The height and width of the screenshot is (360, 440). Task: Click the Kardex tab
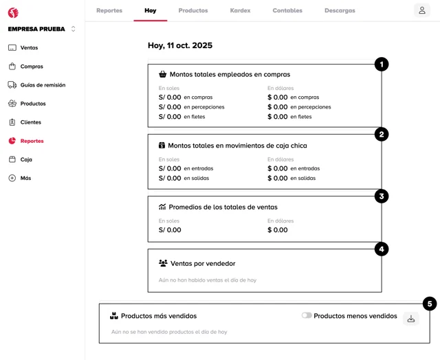tap(240, 11)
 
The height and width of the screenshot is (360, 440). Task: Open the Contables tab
tap(287, 11)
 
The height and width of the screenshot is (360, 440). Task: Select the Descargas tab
tap(340, 11)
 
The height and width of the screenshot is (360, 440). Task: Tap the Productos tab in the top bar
tap(193, 11)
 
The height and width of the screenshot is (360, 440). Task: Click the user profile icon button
tap(422, 10)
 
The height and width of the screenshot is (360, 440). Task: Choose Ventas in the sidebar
tap(29, 48)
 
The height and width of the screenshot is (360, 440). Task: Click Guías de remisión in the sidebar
tap(43, 85)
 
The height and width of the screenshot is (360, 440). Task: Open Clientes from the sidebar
tap(31, 122)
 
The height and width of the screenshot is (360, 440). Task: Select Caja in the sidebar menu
tap(26, 159)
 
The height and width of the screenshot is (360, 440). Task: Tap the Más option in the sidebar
tap(25, 178)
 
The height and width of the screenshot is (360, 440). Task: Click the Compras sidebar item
tap(32, 67)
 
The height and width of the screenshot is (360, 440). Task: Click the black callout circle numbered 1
tap(382, 65)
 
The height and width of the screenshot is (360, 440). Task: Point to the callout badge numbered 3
tap(382, 196)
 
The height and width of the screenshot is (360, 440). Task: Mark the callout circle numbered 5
tap(430, 304)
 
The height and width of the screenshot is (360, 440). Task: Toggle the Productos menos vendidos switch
tap(307, 316)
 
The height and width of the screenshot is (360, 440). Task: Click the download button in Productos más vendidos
tap(411, 319)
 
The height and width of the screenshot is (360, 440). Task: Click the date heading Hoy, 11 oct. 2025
tap(180, 45)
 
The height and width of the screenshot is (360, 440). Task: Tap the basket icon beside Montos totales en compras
tap(163, 74)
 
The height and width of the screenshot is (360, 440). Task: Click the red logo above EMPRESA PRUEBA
tap(13, 13)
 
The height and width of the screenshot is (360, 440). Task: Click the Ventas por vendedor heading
tap(202, 263)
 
